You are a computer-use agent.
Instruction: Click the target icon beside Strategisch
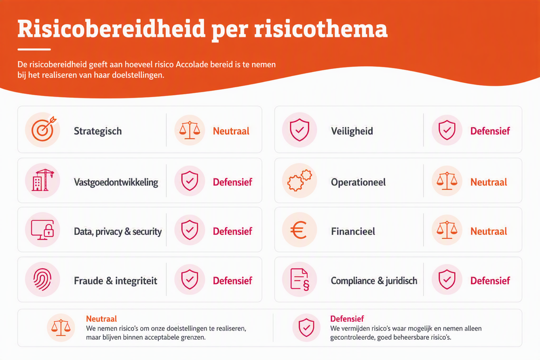[43, 130]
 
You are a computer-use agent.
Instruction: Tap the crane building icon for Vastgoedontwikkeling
[42, 180]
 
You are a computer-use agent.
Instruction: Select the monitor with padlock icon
[42, 230]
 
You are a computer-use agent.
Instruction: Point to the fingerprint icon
[42, 279]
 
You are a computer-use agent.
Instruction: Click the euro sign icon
[298, 230]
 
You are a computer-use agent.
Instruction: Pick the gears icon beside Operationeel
[300, 180]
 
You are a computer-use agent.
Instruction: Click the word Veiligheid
[352, 131]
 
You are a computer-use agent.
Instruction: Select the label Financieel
[353, 231]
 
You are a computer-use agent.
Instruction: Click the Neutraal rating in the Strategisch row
[231, 131]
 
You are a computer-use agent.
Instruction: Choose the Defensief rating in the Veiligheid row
[490, 131]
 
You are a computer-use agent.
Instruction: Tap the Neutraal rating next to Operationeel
[489, 182]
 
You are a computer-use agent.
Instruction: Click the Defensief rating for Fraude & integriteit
[232, 281]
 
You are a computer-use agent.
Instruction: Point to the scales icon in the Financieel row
[447, 230]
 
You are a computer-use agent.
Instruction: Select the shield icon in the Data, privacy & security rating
[190, 230]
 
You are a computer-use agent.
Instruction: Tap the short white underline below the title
[34, 49]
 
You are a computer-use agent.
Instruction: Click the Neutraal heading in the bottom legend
[101, 319]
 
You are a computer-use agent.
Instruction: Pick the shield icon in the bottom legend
[306, 328]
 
